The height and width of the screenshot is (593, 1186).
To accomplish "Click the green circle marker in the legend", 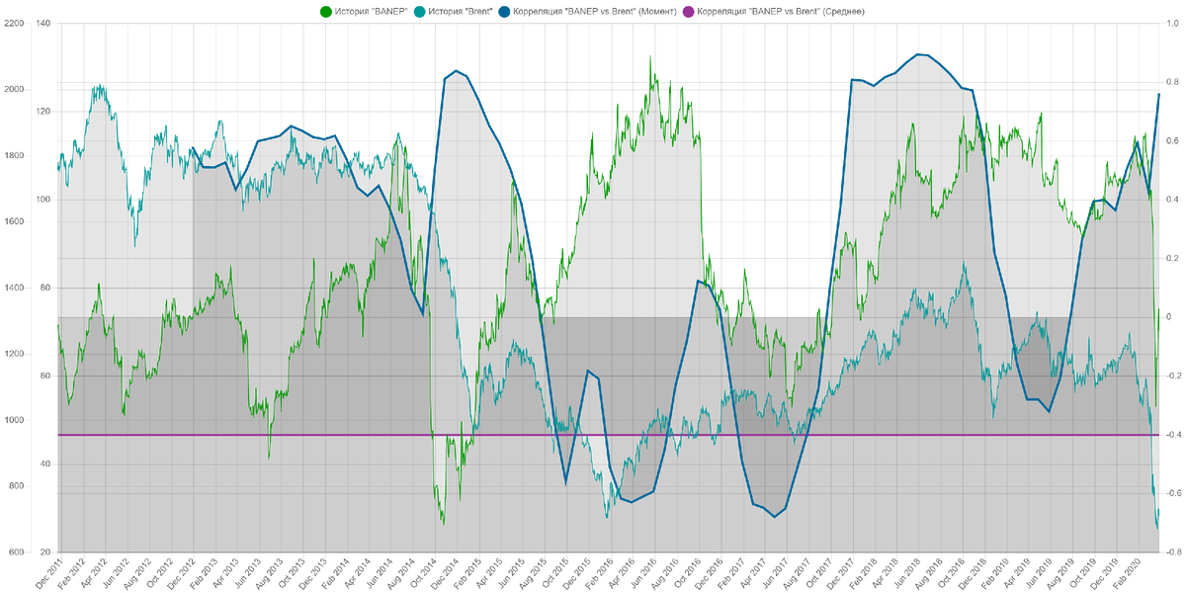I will tap(325, 11).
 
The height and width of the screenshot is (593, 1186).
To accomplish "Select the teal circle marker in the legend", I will tap(420, 11).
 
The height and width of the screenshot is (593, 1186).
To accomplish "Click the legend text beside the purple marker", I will tap(782, 11).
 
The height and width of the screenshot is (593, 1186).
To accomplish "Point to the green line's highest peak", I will tap(649, 54).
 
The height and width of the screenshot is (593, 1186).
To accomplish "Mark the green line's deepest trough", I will tap(443, 523).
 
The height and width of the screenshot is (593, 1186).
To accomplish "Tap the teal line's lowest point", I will tap(1157, 529).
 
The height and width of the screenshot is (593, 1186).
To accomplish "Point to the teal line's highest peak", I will tap(99, 85).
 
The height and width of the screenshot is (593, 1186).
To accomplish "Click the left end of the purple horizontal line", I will tap(56, 435).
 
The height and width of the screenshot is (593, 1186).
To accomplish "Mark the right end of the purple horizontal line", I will tap(1159, 435).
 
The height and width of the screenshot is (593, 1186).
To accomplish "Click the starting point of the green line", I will tap(56, 324).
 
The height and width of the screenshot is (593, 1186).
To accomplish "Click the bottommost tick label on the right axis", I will tap(1167, 551).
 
